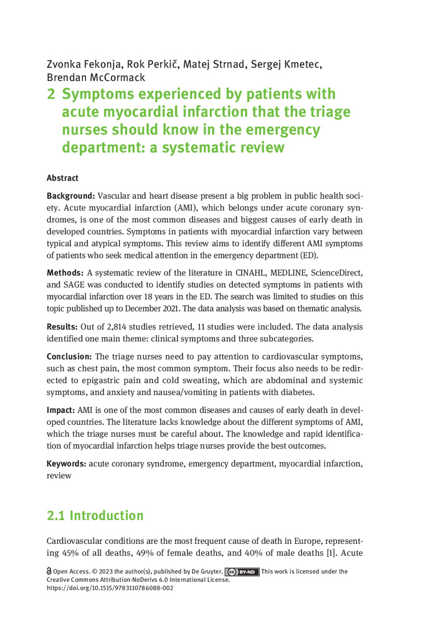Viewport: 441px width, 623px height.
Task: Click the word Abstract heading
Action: [63, 178]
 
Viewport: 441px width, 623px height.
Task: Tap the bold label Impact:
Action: [61, 411]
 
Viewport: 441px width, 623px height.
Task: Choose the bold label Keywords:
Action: [67, 464]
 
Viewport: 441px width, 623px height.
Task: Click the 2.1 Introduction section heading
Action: [95, 516]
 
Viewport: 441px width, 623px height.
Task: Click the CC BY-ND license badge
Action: [242, 572]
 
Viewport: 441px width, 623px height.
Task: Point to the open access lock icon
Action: [49, 572]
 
